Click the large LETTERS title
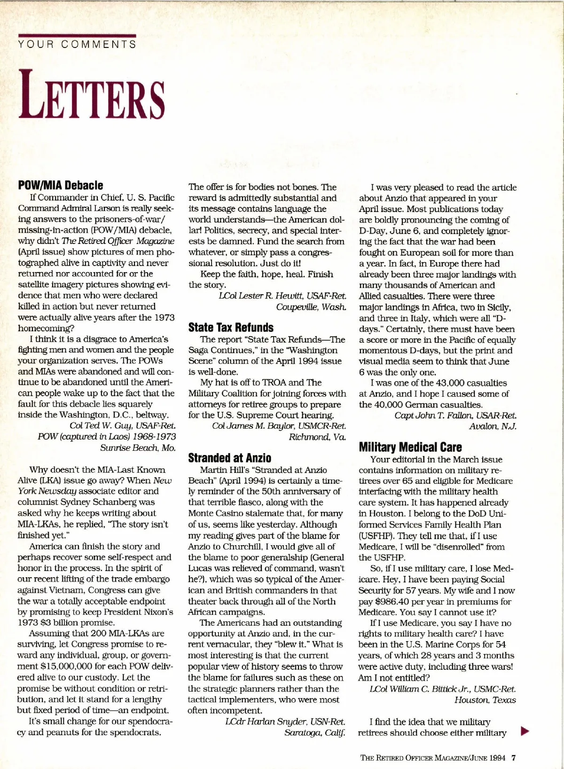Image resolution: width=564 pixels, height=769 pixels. [92, 94]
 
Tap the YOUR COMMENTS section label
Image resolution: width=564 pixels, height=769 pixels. [77, 45]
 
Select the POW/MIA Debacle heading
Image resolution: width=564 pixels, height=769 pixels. [61, 185]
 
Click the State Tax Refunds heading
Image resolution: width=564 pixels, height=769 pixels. [231, 327]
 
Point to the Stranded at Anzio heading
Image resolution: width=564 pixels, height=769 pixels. [229, 458]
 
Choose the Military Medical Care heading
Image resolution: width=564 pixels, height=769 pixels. [410, 447]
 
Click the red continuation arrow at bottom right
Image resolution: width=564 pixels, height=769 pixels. [525, 731]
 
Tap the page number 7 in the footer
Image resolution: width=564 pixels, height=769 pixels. [514, 758]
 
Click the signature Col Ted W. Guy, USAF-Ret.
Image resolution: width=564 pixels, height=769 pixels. [123, 425]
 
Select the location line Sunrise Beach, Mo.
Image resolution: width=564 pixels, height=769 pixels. [138, 447]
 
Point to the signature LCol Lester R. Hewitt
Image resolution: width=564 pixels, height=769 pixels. [282, 296]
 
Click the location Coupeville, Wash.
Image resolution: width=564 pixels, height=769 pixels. [311, 307]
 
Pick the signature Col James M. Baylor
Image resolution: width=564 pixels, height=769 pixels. [279, 426]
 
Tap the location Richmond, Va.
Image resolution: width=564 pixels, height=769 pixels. [317, 437]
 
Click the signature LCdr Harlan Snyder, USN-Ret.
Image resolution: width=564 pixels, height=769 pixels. [285, 722]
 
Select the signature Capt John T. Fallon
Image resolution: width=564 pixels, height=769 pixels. [455, 416]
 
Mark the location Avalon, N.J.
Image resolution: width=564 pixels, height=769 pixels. [493, 426]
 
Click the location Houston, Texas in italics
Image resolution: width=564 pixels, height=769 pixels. [485, 700]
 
